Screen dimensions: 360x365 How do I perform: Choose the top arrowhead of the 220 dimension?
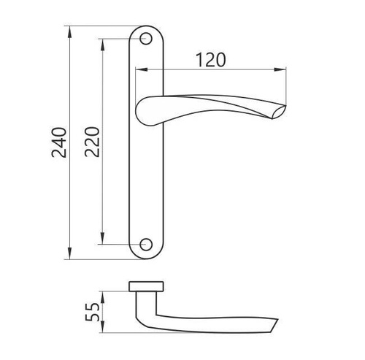[x=103, y=42]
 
